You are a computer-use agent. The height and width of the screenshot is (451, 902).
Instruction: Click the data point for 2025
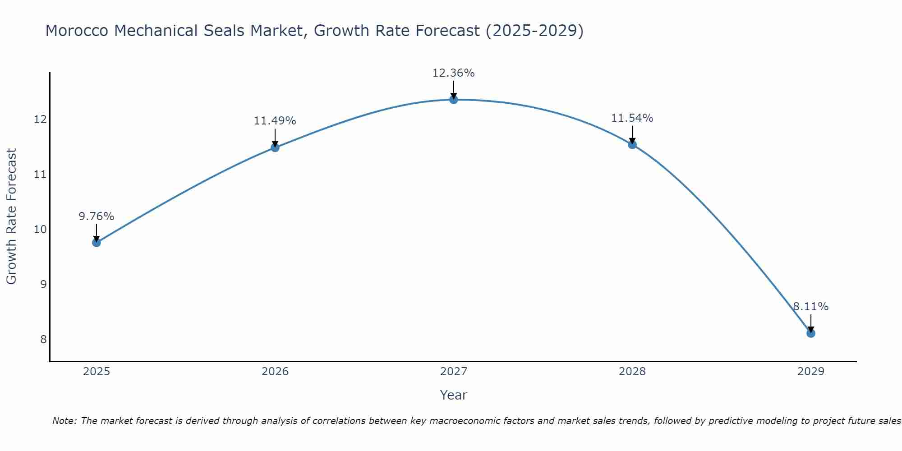point(97,243)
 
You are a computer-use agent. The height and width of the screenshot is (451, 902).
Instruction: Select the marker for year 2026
point(275,147)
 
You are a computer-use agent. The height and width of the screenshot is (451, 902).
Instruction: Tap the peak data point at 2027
point(454,100)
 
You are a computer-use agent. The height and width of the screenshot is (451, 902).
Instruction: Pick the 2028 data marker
point(632,145)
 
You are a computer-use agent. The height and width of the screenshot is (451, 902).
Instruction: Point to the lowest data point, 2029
point(811,333)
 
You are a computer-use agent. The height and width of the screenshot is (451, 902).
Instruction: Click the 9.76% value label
point(97,216)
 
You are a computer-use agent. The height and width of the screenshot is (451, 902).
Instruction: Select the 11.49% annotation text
point(275,121)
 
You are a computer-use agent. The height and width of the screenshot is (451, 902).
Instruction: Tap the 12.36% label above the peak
point(454,73)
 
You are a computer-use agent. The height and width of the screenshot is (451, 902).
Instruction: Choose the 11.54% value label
point(632,118)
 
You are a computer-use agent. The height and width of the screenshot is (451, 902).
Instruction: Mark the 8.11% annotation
point(811,307)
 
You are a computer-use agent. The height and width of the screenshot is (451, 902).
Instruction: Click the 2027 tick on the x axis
point(454,372)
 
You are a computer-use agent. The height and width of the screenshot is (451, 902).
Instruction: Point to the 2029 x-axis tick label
point(811,372)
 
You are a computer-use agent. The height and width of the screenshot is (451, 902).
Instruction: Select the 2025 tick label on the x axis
point(97,372)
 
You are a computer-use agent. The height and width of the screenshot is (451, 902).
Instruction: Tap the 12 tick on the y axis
point(41,120)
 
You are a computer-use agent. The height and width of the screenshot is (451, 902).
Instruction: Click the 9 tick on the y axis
point(43,285)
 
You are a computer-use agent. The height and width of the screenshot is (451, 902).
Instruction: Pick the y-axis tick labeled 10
point(41,230)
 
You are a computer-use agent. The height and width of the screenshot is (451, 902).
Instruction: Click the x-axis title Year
point(454,395)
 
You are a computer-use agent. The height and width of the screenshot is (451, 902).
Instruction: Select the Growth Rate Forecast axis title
point(12,216)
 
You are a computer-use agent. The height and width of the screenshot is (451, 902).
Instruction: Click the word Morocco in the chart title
point(77,31)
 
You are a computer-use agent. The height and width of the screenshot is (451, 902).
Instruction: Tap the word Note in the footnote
point(65,421)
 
